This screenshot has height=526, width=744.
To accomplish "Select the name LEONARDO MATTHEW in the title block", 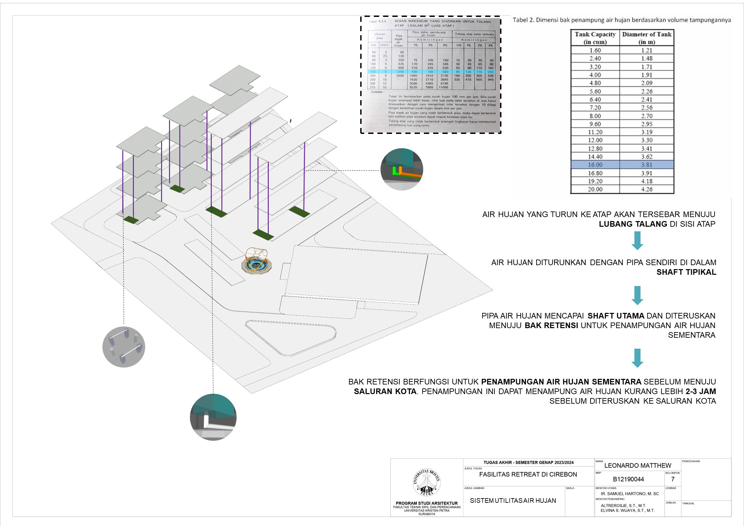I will (638, 465).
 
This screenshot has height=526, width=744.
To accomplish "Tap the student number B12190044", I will (628, 479).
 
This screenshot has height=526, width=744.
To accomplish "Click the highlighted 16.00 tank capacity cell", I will (595, 165).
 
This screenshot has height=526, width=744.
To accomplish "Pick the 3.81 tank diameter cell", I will (647, 165).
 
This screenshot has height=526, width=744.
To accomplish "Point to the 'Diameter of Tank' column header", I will (647, 38).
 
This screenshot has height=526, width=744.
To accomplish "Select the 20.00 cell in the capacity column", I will (595, 189).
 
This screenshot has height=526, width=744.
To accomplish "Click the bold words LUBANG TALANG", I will (633, 224).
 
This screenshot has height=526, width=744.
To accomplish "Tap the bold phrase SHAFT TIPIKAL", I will (686, 272).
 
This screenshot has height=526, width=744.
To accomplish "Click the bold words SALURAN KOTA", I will (385, 391).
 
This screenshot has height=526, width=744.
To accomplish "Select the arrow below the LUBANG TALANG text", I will (637, 241).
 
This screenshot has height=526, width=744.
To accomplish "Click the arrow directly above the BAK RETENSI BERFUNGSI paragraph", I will (637, 358).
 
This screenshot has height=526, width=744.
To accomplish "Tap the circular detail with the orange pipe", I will (402, 169).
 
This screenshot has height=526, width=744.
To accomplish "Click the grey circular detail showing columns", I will (124, 347).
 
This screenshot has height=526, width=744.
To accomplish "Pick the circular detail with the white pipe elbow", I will (213, 417).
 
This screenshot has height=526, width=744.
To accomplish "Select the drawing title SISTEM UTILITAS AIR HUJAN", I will (513, 500).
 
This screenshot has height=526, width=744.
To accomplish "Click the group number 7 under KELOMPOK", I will (673, 479).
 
